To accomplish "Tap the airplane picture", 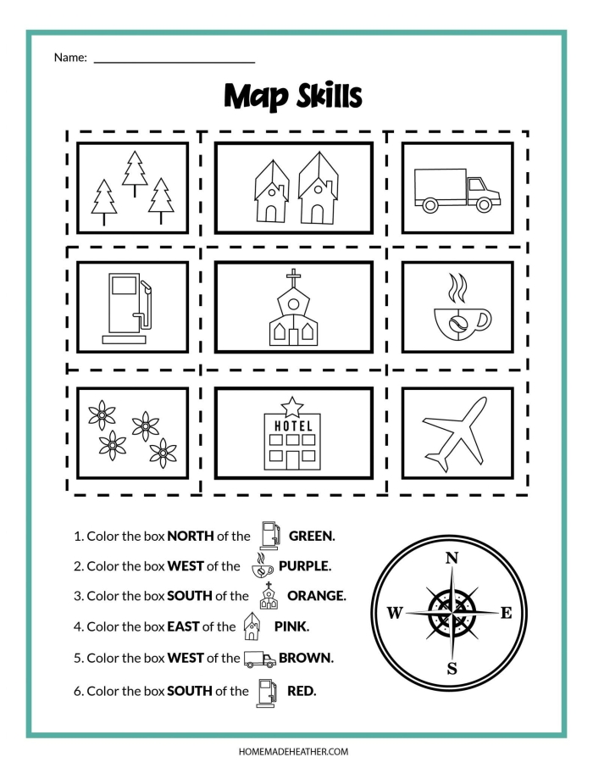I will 457,435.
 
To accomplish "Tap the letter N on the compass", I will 452,558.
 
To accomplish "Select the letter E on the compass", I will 506,613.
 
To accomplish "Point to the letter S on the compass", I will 452,668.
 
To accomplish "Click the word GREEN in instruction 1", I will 312,536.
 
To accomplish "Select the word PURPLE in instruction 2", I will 304,566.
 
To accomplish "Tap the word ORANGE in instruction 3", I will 316,596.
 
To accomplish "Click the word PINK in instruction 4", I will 291,627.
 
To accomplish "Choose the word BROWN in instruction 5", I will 306,658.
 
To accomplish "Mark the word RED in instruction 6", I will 302,691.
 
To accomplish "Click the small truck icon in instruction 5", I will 259,659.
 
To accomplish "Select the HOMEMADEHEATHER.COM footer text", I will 296,751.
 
